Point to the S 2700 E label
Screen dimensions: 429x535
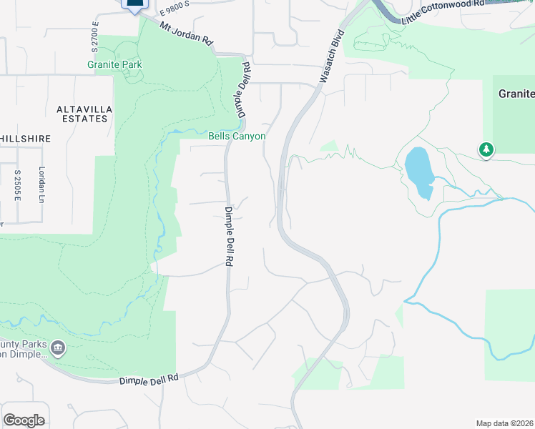tap(94, 36)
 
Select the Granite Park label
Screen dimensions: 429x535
tap(114, 64)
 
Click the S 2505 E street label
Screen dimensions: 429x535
tap(16, 185)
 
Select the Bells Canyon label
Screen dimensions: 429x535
tap(237, 136)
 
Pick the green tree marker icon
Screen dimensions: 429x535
tap(486, 149)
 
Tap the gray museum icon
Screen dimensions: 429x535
tap(59, 349)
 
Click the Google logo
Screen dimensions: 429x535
tap(24, 420)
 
